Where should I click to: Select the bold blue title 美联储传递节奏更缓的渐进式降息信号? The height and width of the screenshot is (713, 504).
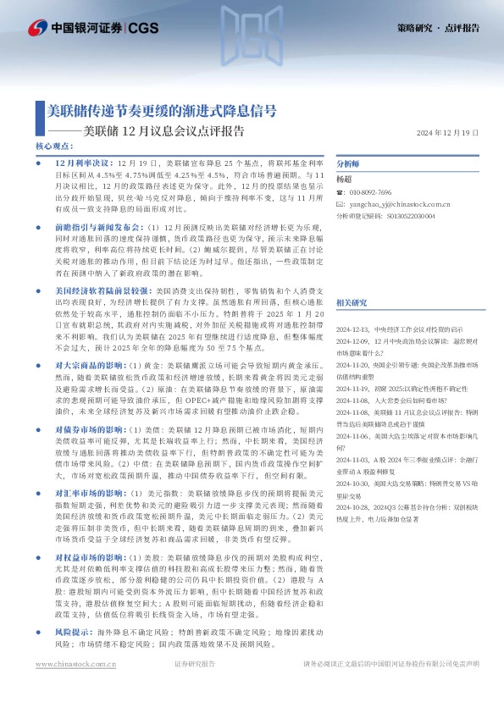pyautogui.click(x=161, y=111)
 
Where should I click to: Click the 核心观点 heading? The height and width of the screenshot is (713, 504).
pyautogui.click(x=54, y=146)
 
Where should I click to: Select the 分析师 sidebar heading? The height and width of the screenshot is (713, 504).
pyautogui.click(x=349, y=164)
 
